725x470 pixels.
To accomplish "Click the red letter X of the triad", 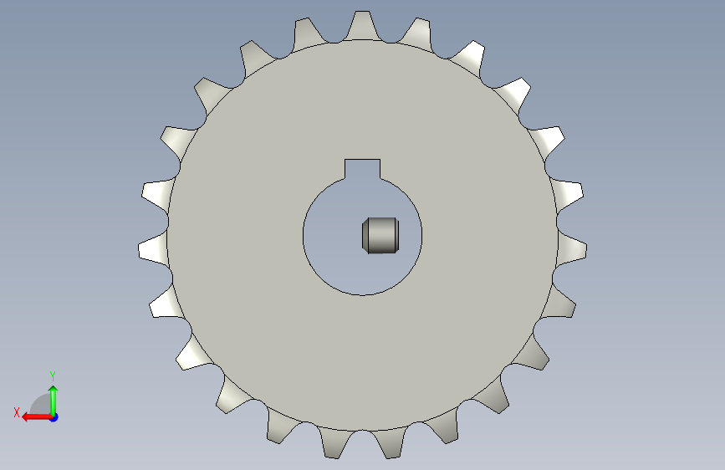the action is (x=17, y=412).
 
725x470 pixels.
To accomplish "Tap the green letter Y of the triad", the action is (x=53, y=375).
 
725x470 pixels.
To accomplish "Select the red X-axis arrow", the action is (x=37, y=417).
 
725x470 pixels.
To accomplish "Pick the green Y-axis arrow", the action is (x=54, y=401).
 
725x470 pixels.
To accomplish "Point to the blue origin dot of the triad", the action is (x=54, y=417).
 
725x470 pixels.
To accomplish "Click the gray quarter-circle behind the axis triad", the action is (x=42, y=406).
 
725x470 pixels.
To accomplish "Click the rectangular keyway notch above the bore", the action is (x=363, y=169).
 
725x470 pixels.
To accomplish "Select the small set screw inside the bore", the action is (x=380, y=236).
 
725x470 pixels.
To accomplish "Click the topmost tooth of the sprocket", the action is (x=363, y=25).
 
